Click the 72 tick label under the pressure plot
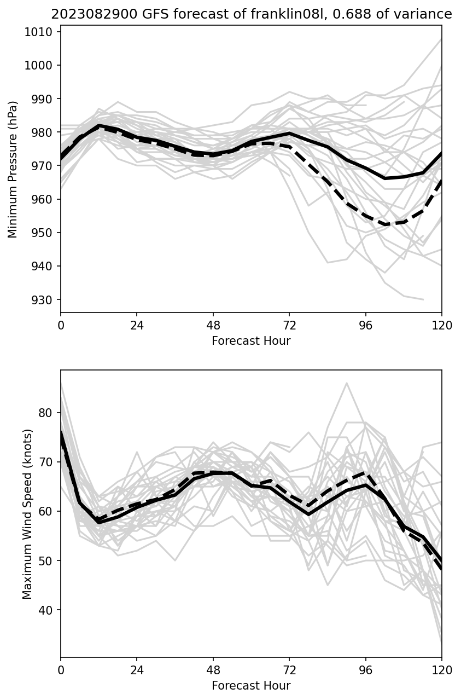[x=289, y=325]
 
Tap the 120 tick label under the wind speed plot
[x=442, y=669]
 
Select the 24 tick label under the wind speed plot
[x=137, y=669]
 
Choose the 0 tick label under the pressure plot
[x=61, y=325]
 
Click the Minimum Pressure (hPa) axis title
[x=13, y=169]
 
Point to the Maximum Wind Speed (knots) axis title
[x=27, y=514]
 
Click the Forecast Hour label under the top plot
[x=251, y=341]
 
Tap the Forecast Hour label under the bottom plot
[x=251, y=686]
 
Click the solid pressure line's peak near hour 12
[x=99, y=125]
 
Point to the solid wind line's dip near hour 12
[x=99, y=523]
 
